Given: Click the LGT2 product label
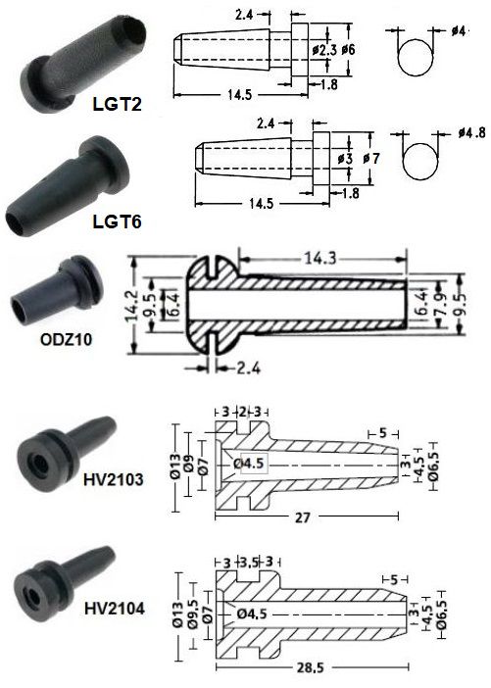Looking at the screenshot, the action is [x=117, y=105].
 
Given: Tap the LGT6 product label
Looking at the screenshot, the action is [x=117, y=221].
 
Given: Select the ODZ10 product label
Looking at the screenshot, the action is [x=67, y=340].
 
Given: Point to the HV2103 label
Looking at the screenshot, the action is [x=114, y=479].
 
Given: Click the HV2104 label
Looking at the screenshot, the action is [x=114, y=609].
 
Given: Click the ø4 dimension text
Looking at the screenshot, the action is [x=458, y=31].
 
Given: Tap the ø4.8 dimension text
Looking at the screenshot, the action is [x=472, y=132].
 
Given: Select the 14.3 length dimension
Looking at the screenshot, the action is [x=320, y=258].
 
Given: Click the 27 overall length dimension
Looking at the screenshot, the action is [x=302, y=517].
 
